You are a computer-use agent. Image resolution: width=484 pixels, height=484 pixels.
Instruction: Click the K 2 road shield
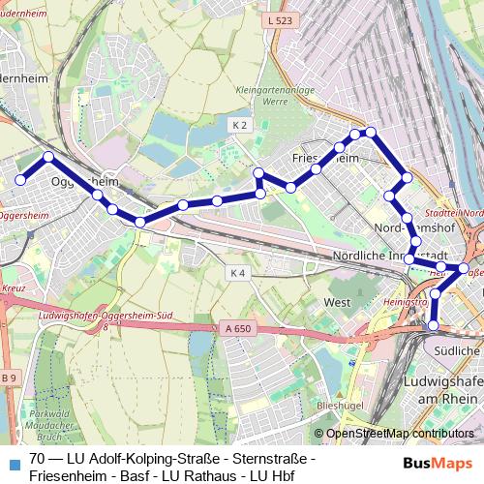coord(240,125)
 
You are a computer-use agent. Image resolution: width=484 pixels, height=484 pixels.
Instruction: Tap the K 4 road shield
coord(238,274)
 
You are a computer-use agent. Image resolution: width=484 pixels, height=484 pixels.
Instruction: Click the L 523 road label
coord(277,19)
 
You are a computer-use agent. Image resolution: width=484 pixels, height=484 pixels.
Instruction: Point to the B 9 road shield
coord(9,377)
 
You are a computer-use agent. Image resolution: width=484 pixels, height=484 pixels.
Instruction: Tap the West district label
coord(337,303)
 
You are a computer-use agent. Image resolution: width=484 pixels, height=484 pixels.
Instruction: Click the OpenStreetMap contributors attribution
coord(400,433)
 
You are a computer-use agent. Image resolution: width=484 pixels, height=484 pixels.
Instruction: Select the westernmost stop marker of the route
coord(19,179)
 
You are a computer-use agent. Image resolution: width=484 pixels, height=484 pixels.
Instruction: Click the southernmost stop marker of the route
coord(433,325)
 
